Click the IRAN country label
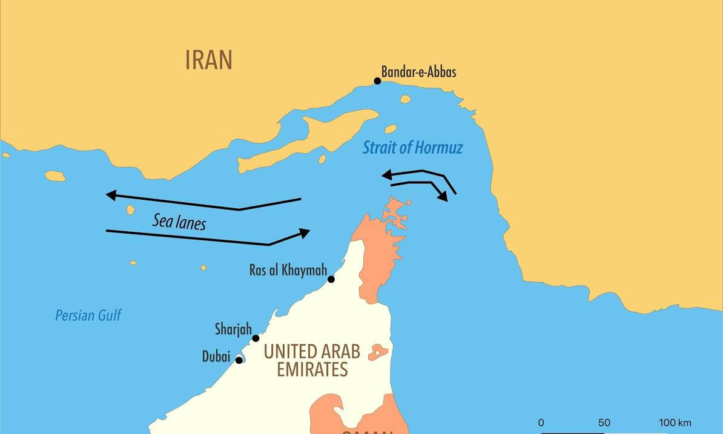[x=209, y=60]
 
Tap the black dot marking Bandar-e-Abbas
[x=377, y=81]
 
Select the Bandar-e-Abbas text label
[x=419, y=72]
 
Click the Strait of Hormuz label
[x=412, y=147]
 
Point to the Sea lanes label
[x=179, y=222]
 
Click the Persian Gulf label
[x=88, y=315]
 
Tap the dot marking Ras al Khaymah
[x=331, y=279]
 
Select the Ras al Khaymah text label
[x=288, y=270]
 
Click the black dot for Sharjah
[x=256, y=338]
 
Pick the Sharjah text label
[x=233, y=329]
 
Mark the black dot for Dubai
[x=239, y=360]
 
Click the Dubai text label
[x=216, y=357]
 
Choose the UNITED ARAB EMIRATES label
[x=312, y=360]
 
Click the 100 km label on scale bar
[x=675, y=423]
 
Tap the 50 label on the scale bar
[x=604, y=423]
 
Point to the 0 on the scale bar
[x=541, y=423]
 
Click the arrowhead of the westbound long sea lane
[x=111, y=195]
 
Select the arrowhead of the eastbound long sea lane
[x=305, y=232]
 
